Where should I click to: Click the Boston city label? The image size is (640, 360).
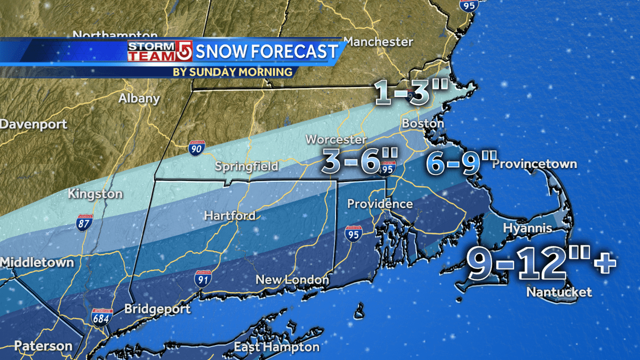(x=422, y=123)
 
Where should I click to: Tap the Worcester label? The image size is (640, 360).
(x=335, y=140)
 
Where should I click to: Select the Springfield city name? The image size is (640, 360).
(x=246, y=166)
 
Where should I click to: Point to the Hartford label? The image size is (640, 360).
(x=229, y=216)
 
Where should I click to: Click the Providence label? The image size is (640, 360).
(x=380, y=204)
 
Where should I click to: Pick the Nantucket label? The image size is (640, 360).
(x=559, y=292)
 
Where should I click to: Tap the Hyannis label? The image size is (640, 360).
(x=527, y=228)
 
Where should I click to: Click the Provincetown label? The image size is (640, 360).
(x=534, y=164)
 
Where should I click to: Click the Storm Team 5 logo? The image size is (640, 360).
(x=159, y=52)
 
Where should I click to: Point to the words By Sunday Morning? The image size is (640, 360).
(x=233, y=71)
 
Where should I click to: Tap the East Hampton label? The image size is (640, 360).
(x=276, y=347)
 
